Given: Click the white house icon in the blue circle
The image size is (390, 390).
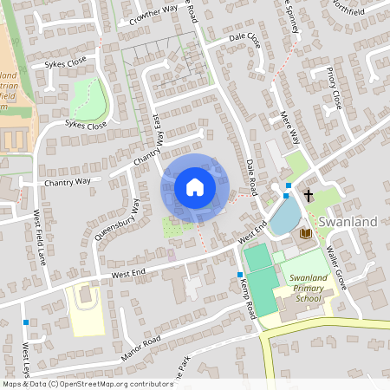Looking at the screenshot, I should [x=195, y=187].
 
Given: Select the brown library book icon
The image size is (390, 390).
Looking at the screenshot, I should [x=304, y=233].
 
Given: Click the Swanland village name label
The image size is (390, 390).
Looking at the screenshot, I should [x=348, y=222].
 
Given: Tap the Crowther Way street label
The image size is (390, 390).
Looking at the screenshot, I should [x=153, y=13].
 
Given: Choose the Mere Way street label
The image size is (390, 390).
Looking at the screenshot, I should [x=290, y=126].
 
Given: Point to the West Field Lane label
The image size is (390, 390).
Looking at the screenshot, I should [x=39, y=237].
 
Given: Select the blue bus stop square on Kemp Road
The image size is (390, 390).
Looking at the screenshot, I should [x=240, y=275].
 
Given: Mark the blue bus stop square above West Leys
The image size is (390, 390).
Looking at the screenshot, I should [x=27, y=322].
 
